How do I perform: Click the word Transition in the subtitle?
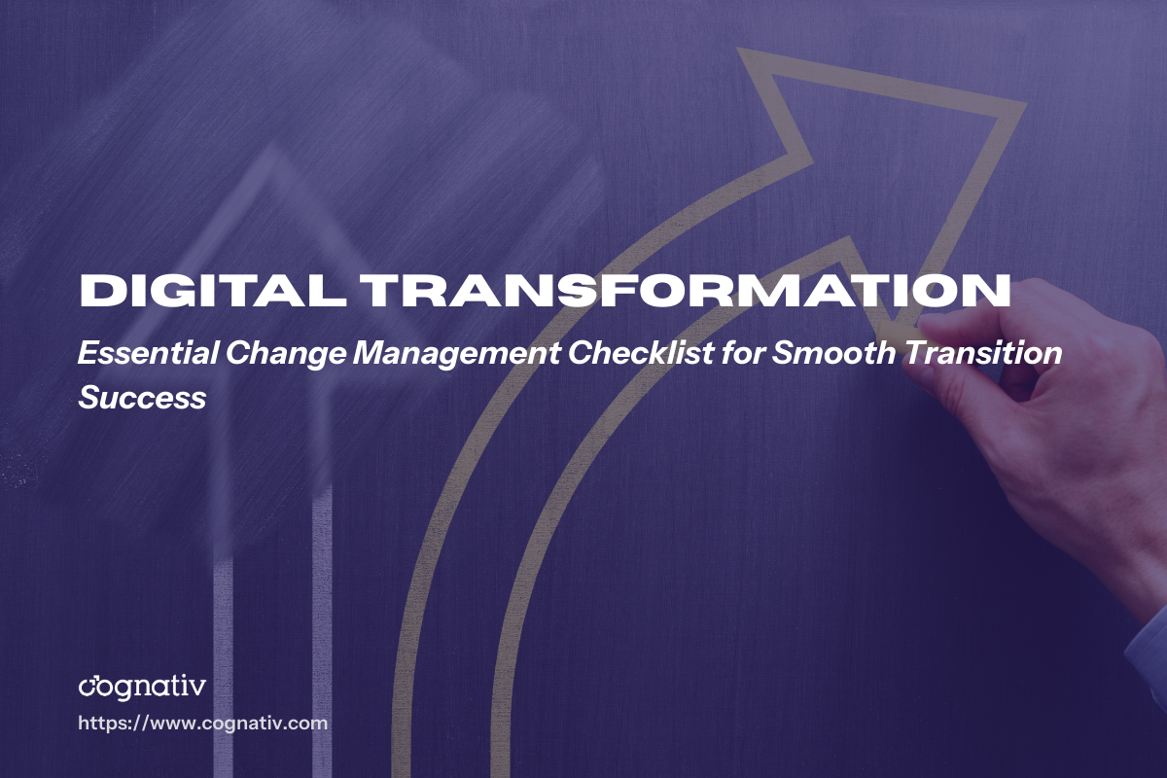pyautogui.click(x=984, y=354)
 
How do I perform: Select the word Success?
pyautogui.click(x=142, y=397)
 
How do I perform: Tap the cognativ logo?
pyautogui.click(x=142, y=687)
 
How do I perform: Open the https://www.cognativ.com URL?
pyautogui.click(x=202, y=724)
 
